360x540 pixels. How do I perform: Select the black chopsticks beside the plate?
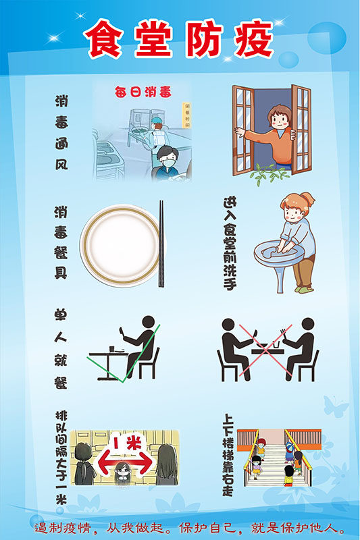point(161,243)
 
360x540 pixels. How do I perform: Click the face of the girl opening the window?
point(278,119)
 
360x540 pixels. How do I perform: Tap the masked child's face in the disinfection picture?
point(167,160)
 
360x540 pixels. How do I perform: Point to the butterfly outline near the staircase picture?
point(336,406)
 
